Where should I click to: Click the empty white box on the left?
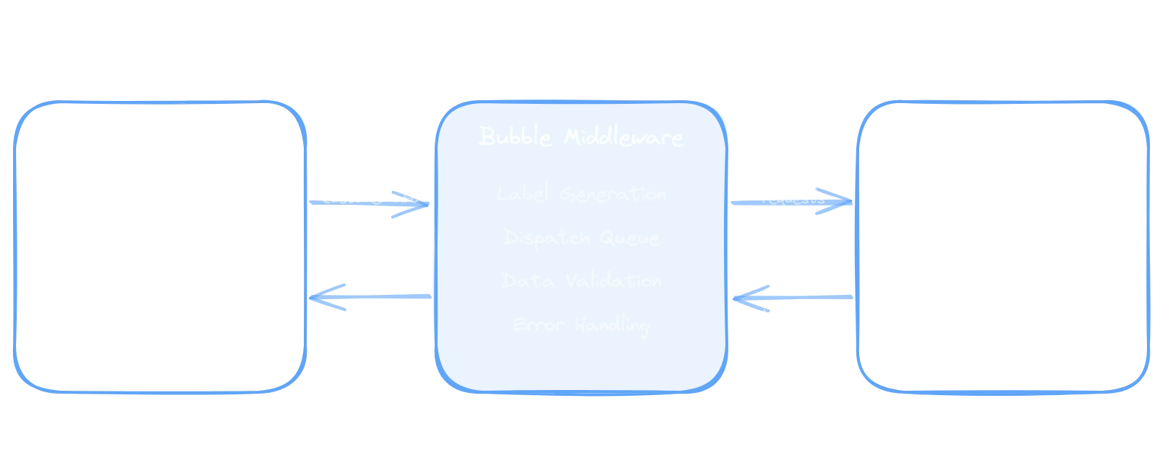pyautogui.click(x=158, y=247)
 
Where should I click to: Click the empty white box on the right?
pyautogui.click(x=1003, y=247)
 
